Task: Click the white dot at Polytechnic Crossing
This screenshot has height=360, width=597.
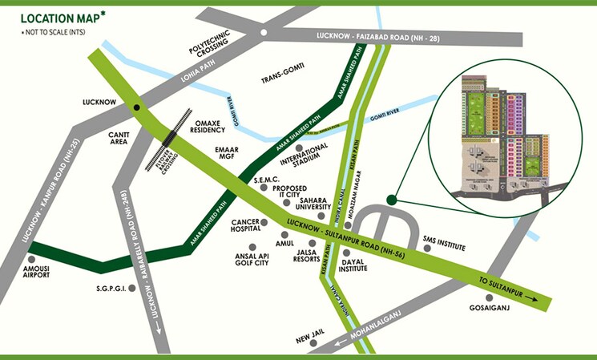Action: click(263, 33)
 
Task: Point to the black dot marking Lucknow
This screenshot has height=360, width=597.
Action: click(137, 106)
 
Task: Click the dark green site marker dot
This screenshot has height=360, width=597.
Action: click(391, 200)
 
